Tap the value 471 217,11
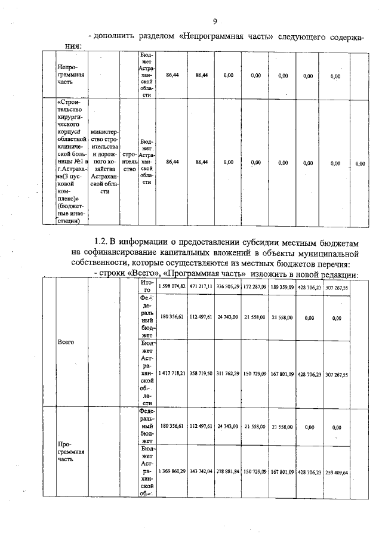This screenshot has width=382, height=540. (x=201, y=287)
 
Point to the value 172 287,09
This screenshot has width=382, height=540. (x=255, y=287)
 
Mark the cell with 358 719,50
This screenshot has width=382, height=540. (x=201, y=375)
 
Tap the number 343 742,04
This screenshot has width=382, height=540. (x=201, y=472)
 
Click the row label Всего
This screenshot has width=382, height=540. (x=66, y=343)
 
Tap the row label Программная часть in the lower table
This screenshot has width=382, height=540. (x=70, y=452)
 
